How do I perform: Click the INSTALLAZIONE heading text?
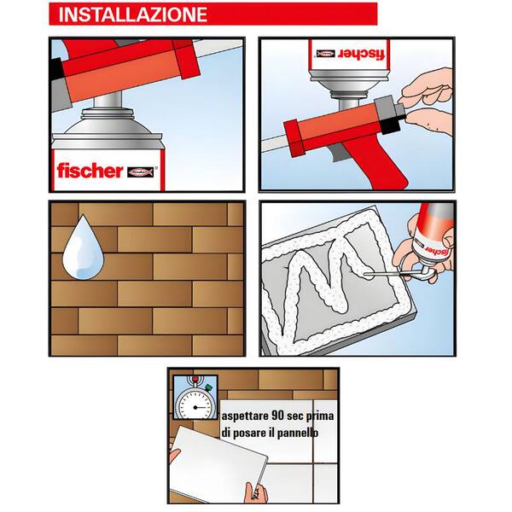133,15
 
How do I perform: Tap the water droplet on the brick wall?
84,248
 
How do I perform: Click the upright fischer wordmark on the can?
90,170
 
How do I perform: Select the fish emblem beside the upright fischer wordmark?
141,172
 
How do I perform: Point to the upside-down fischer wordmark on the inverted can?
362,54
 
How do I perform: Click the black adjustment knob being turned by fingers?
391,124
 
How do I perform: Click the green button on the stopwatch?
208,387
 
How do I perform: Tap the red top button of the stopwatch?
195,378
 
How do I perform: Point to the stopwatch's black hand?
201,408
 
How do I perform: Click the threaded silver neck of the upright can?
108,114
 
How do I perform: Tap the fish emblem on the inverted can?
325,54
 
